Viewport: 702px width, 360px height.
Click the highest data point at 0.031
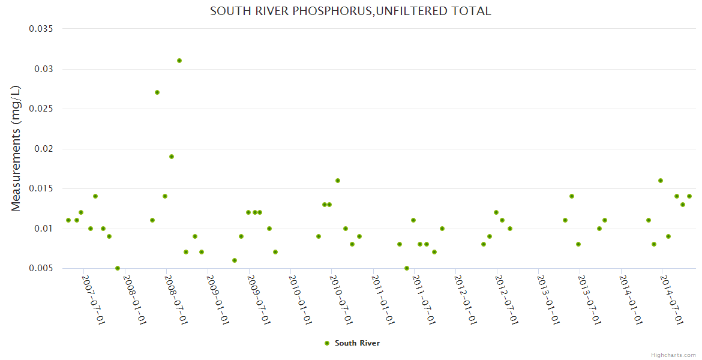coord(179,61)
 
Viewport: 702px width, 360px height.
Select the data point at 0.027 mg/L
coord(157,92)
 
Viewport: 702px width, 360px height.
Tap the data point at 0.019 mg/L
coord(172,157)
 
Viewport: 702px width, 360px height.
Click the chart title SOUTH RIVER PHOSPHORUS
coord(350,11)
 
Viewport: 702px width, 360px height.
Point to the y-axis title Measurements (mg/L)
coord(16,148)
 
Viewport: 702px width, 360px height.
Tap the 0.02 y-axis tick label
coord(44,149)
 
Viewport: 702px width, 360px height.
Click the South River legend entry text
coord(357,343)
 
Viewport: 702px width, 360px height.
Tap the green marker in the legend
coord(327,343)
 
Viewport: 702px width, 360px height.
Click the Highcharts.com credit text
coord(673,355)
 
